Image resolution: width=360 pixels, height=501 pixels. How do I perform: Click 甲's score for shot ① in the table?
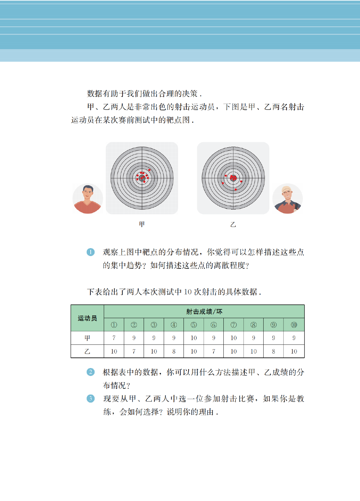coord(114,338)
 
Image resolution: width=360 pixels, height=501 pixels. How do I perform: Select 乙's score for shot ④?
coord(174,351)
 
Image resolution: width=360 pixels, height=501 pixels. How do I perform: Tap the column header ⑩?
coord(294,325)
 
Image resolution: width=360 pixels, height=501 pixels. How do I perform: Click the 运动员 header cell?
coord(87,318)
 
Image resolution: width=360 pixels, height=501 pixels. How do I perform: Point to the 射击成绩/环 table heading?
coord(204,311)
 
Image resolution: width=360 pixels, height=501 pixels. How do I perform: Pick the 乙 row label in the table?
coord(87,351)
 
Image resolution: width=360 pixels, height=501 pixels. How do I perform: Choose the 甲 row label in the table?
coord(87,338)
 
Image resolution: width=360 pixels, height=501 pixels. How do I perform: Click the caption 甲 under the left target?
coord(142,224)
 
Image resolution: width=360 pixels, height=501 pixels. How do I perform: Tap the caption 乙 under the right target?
coord(233,224)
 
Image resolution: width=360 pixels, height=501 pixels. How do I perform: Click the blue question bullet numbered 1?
coord(90,252)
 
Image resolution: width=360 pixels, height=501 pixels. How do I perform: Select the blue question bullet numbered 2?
coord(90,372)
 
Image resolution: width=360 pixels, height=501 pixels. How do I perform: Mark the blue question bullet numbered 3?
coord(90,399)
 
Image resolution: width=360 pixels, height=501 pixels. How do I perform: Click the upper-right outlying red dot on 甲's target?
coord(149,170)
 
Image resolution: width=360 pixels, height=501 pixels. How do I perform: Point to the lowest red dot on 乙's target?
coord(236,189)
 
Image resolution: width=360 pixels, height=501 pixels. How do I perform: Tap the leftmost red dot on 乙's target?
coord(223,183)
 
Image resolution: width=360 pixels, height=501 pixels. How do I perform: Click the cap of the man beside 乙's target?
coord(287,189)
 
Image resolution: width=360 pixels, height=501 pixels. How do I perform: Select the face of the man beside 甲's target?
coord(87,193)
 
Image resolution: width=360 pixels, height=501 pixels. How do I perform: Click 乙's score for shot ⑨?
coord(274,351)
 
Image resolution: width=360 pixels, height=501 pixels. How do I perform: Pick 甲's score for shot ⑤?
coord(194,338)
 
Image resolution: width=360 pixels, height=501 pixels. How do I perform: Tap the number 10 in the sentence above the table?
coord(188,292)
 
